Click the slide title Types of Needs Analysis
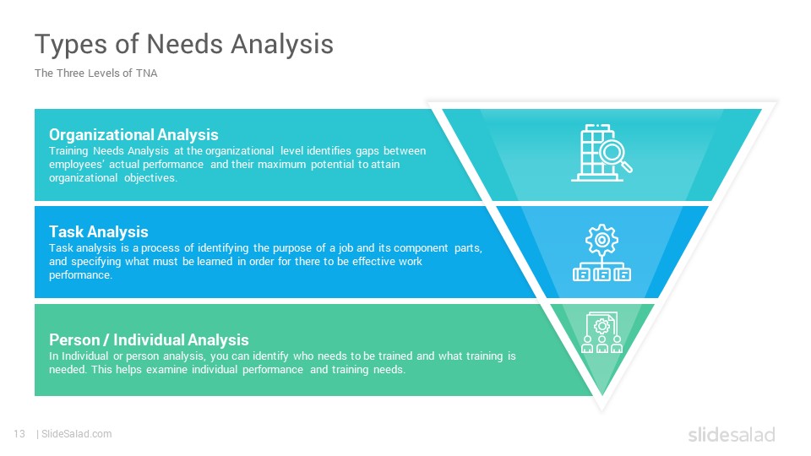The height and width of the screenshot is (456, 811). point(184,45)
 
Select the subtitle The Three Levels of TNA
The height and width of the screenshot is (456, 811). point(95,73)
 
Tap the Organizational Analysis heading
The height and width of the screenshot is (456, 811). point(133,134)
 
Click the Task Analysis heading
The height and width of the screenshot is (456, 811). point(99,231)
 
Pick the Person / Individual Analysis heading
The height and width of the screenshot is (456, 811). point(149,339)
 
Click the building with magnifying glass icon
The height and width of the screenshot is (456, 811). point(601,153)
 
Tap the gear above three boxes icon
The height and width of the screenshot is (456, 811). point(601,252)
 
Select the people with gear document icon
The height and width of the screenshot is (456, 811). point(601,332)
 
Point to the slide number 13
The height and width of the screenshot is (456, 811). point(19,434)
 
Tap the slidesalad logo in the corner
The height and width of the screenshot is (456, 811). point(732,434)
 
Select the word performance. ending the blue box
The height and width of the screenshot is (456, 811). point(81,275)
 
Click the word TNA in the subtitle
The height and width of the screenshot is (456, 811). point(146,73)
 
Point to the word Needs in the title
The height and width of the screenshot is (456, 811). point(185,43)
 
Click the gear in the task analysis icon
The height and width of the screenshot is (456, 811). point(601,239)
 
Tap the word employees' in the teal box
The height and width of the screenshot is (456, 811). point(77,165)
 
